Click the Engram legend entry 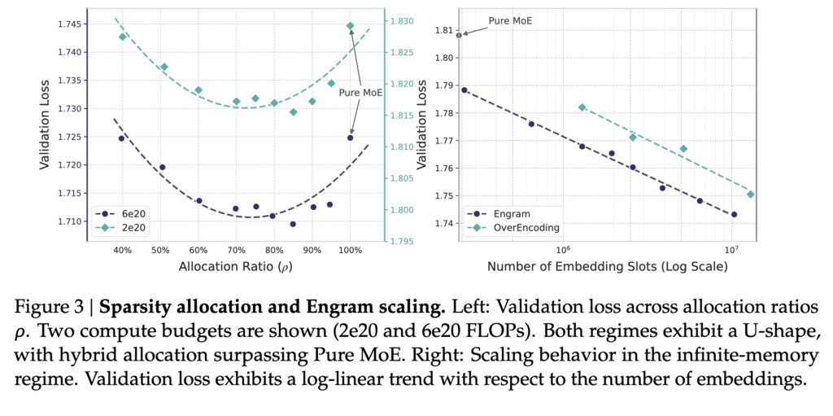(x=502, y=213)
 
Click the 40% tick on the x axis (x=122, y=251)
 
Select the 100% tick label (x=351, y=251)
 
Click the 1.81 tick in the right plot (x=443, y=30)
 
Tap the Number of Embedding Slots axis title (x=607, y=266)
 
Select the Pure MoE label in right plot (x=510, y=20)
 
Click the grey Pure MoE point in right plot (x=459, y=35)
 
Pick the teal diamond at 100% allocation (x=351, y=26)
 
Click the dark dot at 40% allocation (x=121, y=138)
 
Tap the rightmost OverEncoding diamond (x=750, y=194)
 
